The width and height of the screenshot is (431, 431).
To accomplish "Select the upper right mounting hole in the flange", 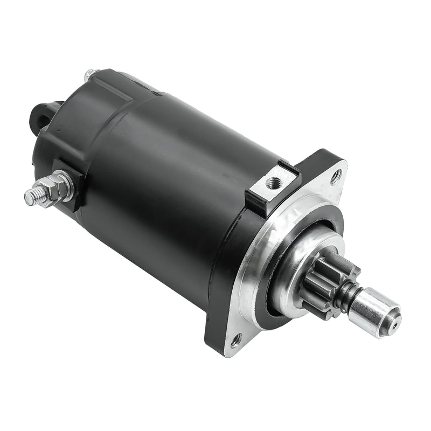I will [336, 175].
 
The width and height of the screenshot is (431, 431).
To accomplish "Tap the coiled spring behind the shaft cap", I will [346, 295].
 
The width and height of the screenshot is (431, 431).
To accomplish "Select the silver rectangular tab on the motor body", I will [269, 186].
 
